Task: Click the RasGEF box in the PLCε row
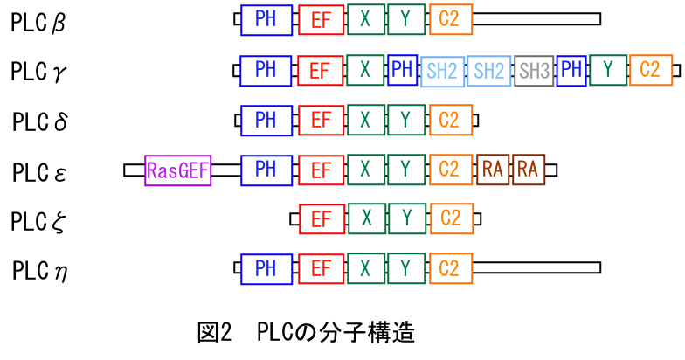pyautogui.click(x=178, y=170)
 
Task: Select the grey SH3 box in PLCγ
pyautogui.click(x=533, y=71)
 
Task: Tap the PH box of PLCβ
pyautogui.click(x=266, y=19)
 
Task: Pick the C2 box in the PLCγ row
pyautogui.click(x=649, y=70)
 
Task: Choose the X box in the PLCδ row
pyautogui.click(x=366, y=120)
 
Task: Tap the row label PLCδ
pyautogui.click(x=39, y=121)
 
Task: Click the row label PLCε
pyautogui.click(x=39, y=171)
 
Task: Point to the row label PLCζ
pyautogui.click(x=39, y=221)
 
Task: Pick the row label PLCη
pyautogui.click(x=39, y=271)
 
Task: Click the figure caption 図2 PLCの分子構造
pyautogui.click(x=306, y=333)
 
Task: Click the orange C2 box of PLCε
pyautogui.click(x=450, y=170)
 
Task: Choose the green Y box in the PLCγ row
pyautogui.click(x=607, y=70)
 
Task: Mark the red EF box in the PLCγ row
pyautogui.click(x=320, y=70)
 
